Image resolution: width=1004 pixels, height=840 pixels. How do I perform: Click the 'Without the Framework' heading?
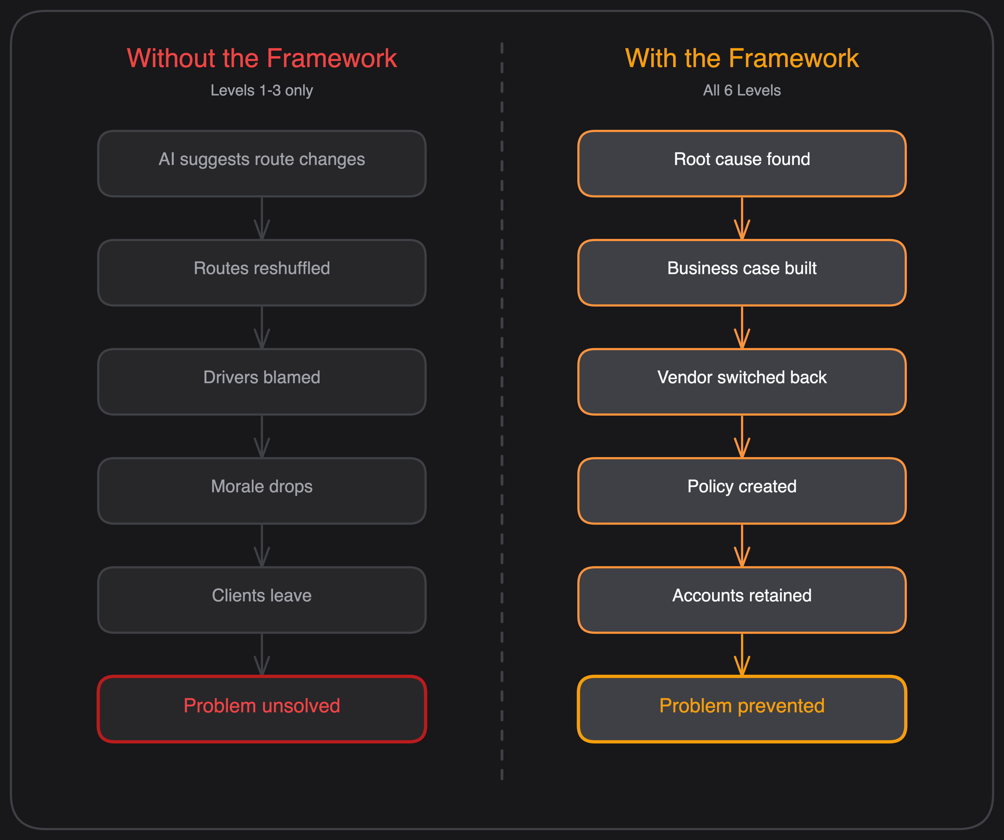point(262,58)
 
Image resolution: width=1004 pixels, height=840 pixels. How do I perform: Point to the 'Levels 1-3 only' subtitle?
point(262,90)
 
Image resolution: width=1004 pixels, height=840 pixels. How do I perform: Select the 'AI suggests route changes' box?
point(262,163)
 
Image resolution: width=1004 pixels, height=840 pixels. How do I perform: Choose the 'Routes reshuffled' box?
point(262,272)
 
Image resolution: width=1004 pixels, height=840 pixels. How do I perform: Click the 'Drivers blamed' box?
point(262,381)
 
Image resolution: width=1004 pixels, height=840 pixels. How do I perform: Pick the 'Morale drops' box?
point(262,491)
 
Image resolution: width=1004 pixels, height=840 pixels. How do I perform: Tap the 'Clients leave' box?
point(262,600)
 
